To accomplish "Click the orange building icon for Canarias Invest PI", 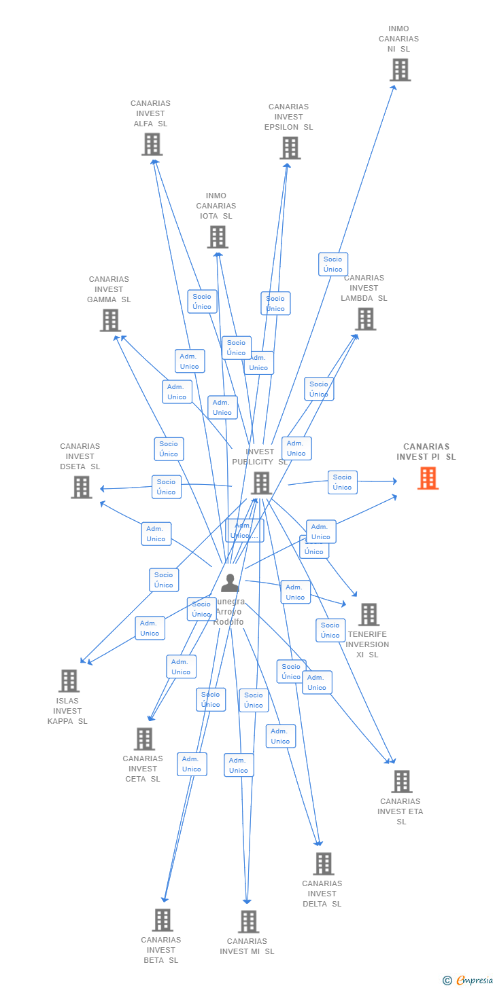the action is click(428, 478).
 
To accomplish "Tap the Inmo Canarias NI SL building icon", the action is click(400, 69).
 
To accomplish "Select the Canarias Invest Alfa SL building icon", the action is click(152, 144).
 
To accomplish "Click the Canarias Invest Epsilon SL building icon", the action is click(290, 147).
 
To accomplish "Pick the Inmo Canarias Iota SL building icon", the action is click(217, 237).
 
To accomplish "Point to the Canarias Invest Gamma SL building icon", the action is click(110, 320).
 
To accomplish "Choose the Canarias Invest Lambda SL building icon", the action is click(365, 318).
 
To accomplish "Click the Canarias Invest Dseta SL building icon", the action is click(81, 487).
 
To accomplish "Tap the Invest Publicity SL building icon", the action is click(261, 483).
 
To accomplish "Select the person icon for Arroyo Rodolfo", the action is click(230, 583).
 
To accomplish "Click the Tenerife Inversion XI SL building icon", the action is click(369, 615).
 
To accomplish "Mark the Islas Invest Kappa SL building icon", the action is click(69, 680).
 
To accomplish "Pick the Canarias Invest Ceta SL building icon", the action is click(144, 739).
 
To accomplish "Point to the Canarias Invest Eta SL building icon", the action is click(401, 782).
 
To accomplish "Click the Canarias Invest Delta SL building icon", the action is click(323, 864).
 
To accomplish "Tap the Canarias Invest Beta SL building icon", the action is click(162, 920).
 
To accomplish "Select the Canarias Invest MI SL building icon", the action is click(248, 921).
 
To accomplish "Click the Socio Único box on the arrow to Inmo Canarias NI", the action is click(333, 264).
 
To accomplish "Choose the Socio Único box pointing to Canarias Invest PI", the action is click(343, 482).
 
